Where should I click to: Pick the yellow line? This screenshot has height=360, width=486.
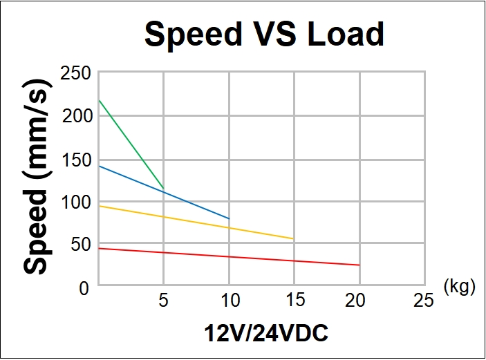pos(228,227)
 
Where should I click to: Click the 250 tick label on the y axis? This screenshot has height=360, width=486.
pos(75,73)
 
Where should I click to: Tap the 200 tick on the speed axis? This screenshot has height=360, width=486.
pos(75,116)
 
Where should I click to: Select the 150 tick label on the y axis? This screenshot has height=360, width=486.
pos(75,160)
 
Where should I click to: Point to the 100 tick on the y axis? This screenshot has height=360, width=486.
pos(75,202)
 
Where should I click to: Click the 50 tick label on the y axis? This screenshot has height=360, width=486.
pos(80,244)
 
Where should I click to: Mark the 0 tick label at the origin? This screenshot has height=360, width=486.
pos(84,287)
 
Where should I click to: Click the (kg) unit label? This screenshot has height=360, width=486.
pos(459,286)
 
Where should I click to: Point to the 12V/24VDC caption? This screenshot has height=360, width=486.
pos(265,334)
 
